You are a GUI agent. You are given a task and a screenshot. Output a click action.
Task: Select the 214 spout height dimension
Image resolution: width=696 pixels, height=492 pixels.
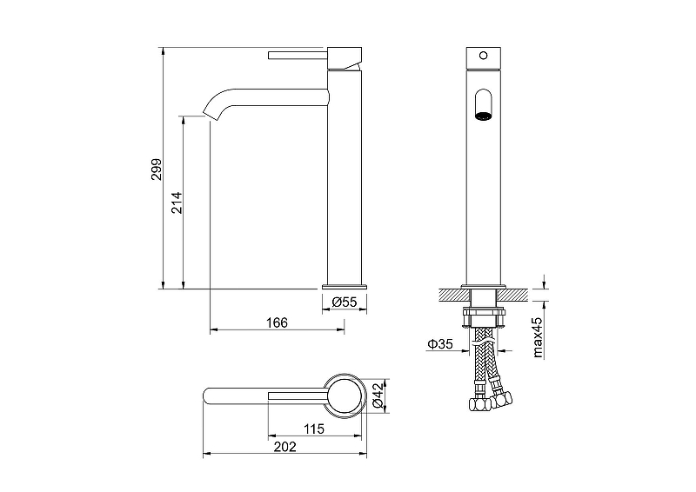(176, 203)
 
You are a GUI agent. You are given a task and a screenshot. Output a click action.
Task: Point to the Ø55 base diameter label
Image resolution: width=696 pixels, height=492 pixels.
(345, 302)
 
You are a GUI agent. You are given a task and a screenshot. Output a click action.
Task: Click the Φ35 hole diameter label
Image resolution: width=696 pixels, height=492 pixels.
(438, 345)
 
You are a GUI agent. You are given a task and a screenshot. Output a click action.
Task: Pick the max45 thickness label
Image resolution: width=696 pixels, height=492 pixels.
(537, 337)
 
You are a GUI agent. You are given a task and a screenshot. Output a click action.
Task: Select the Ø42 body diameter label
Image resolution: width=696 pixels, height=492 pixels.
(377, 396)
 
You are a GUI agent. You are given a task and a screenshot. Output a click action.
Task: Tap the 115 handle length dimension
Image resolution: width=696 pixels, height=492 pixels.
(314, 429)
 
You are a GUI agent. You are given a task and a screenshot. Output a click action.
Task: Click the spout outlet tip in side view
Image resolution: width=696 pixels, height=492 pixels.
(210, 111)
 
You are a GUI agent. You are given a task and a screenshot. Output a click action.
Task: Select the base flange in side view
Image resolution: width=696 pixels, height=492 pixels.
(345, 285)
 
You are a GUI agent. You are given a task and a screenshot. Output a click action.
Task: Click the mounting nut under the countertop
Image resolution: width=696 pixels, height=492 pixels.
(484, 312)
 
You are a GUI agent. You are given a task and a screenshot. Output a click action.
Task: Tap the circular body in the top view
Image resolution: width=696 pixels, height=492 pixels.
(345, 396)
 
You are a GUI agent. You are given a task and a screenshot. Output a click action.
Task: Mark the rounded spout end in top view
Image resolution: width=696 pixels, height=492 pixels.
(211, 396)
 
